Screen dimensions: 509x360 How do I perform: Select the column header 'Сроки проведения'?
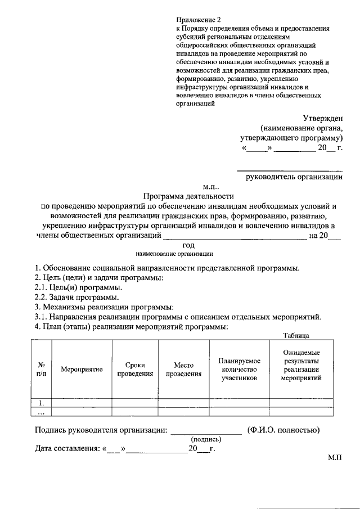pyautogui.click(x=135, y=369)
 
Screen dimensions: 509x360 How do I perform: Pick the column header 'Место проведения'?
pyautogui.click(x=183, y=369)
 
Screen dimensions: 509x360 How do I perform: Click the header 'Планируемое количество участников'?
pyautogui.click(x=239, y=369)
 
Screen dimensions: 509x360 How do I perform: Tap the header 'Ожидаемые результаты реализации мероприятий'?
pyautogui.click(x=301, y=365)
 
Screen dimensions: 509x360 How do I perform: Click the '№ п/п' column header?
pyautogui.click(x=41, y=369)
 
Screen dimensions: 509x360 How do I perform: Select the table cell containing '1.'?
pyautogui.click(x=41, y=403)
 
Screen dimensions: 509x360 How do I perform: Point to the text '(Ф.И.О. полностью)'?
pyautogui.click(x=283, y=430)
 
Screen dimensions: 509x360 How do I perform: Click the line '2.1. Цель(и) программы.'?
pyautogui.click(x=78, y=287)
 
